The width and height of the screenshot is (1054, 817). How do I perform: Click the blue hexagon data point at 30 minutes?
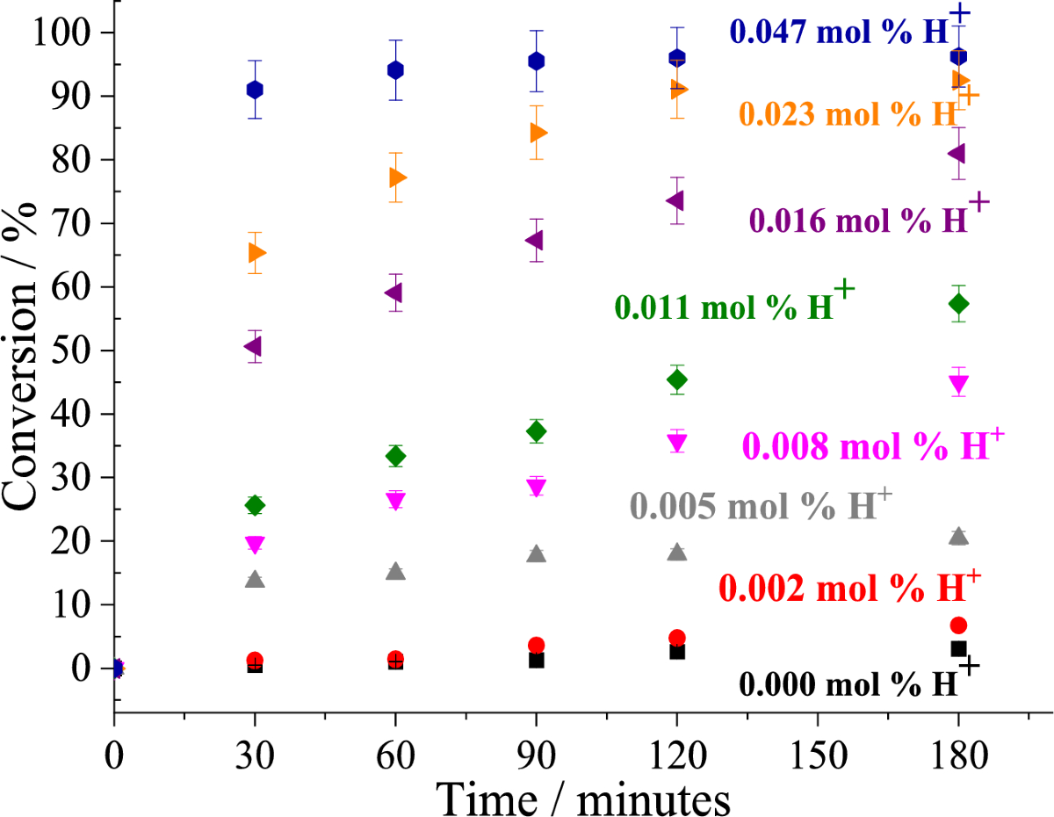pos(255,90)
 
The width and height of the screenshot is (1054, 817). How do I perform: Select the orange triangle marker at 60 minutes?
pos(396,177)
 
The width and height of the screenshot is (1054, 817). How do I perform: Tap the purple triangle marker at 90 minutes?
pos(535,240)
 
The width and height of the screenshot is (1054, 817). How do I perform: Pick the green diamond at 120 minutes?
pos(677,380)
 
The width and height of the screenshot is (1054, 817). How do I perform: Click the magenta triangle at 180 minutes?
pos(958,383)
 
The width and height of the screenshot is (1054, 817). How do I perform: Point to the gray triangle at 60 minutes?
pos(395,571)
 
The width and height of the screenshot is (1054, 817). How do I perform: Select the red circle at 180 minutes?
pos(958,625)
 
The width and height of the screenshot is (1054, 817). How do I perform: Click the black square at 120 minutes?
pos(677,651)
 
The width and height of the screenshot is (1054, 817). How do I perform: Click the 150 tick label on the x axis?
pos(818,753)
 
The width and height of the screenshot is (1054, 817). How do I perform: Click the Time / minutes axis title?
pos(583,798)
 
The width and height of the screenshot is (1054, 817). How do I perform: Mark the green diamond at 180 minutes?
pos(958,303)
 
